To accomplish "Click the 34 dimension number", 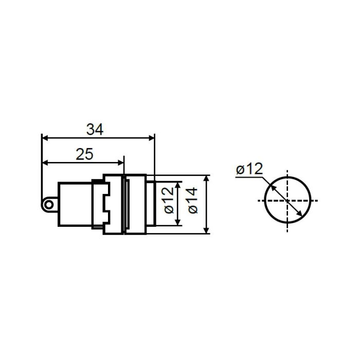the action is coord(95,129).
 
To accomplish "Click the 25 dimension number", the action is coord(84,154).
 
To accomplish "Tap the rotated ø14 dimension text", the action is coord(193,201).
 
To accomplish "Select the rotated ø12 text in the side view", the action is coord(169,201).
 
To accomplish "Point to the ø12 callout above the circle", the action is coord(249,169).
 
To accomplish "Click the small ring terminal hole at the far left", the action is coord(48,205).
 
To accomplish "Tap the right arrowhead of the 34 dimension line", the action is coord(152,138).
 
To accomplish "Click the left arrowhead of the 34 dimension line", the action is coord(45,138).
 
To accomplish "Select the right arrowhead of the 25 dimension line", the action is coord(120,163).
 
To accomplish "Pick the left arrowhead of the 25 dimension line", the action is coord(45,163).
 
